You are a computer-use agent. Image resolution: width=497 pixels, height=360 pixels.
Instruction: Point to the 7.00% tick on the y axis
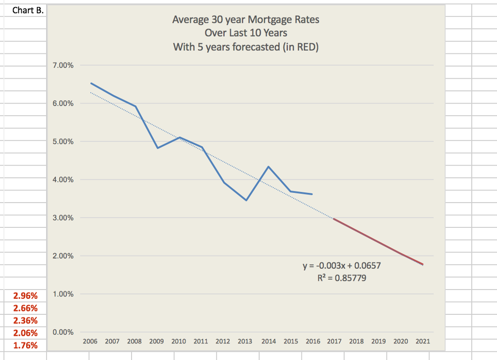click(63, 65)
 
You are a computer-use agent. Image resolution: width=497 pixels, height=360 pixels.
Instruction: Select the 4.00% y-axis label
click(63, 180)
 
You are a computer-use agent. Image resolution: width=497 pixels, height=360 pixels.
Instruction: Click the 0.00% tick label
click(63, 332)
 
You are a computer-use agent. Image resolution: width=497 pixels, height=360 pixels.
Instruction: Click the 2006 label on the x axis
click(90, 342)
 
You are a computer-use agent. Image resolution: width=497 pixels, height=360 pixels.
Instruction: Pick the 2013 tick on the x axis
click(245, 342)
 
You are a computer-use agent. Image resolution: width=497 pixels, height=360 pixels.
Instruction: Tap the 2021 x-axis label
click(422, 342)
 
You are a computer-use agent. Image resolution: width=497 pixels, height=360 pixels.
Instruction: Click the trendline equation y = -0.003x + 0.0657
click(345, 266)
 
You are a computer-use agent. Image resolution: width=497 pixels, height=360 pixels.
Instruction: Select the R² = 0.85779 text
click(345, 278)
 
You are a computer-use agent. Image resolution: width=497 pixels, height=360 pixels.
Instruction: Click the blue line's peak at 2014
click(268, 167)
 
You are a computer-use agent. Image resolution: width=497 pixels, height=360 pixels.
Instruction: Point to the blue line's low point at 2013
click(247, 200)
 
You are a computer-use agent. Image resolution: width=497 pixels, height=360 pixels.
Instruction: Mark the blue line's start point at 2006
click(91, 83)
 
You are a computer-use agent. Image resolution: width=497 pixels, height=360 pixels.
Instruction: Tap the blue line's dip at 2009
click(158, 148)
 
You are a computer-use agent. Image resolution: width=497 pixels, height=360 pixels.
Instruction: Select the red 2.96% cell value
click(25, 295)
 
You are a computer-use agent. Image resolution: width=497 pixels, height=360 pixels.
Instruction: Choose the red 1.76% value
click(25, 346)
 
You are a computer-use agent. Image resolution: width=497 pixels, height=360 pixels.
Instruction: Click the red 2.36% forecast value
click(25, 321)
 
